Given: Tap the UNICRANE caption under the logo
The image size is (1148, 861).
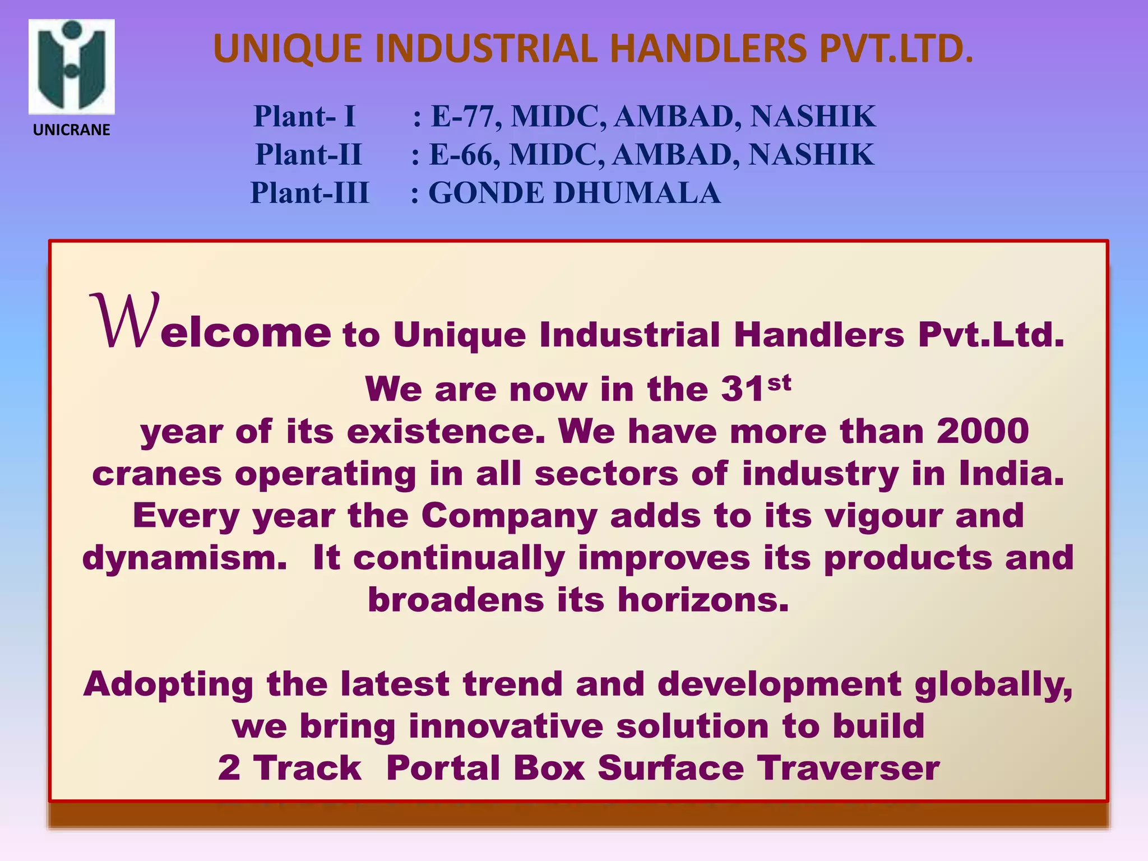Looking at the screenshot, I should coord(72,130).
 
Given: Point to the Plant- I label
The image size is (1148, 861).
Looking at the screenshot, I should coord(304,117).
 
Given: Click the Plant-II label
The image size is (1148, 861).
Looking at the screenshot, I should coord(308,155).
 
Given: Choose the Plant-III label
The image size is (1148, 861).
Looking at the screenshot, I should coord(309,193).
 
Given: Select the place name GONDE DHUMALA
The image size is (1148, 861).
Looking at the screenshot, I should coord(574,193).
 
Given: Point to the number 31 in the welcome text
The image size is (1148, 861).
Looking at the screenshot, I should coord(742,389).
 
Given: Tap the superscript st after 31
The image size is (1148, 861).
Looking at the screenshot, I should coord(779,383).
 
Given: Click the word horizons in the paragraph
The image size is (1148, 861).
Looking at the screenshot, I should coord(703,600).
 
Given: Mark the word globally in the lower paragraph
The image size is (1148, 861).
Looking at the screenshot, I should coord(993,685).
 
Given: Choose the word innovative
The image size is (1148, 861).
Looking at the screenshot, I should coord(506,726).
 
